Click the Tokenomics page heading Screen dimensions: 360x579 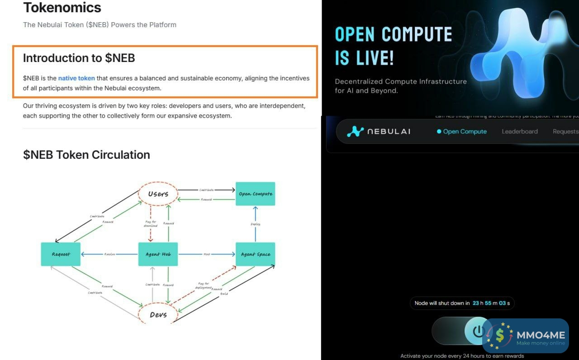point(62,8)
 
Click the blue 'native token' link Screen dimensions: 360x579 point(76,78)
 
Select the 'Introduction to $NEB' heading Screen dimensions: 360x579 point(79,58)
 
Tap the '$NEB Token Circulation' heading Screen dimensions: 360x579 point(86,155)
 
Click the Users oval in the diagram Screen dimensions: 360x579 point(158,194)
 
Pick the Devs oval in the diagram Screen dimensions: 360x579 point(158,314)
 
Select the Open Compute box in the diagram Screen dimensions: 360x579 point(256,194)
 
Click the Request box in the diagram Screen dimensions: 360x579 point(61,254)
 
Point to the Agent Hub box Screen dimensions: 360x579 point(158,254)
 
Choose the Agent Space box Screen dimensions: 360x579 point(256,254)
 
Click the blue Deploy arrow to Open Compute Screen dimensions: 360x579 point(256,224)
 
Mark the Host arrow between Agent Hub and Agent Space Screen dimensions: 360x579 point(207,254)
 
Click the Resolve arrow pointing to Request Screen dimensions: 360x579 point(109,254)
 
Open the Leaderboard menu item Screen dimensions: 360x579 point(520,132)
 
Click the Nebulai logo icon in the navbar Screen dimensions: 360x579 point(355,132)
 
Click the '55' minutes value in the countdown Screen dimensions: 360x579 point(488,303)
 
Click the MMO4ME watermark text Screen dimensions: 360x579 point(541,335)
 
